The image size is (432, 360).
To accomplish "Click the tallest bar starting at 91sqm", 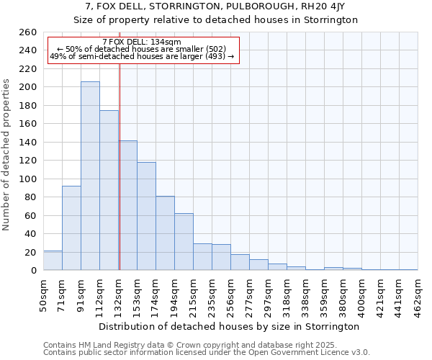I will (90, 176).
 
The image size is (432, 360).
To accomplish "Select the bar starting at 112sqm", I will (109, 190).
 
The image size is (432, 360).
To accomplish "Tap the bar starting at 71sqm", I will (71, 228).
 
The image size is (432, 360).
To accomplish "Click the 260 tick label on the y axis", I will (28, 32).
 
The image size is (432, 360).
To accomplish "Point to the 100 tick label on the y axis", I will (28, 179).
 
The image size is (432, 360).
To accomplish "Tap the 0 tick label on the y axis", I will (33, 271).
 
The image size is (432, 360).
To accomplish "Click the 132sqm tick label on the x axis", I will (118, 295).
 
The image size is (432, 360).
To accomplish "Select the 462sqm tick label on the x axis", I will (418, 295).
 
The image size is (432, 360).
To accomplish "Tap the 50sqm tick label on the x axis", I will (43, 295).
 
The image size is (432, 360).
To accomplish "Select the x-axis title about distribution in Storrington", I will (229, 327).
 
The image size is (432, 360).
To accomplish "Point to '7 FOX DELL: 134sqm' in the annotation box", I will (142, 42).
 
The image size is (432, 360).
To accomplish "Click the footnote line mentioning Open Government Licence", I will (207, 353).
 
